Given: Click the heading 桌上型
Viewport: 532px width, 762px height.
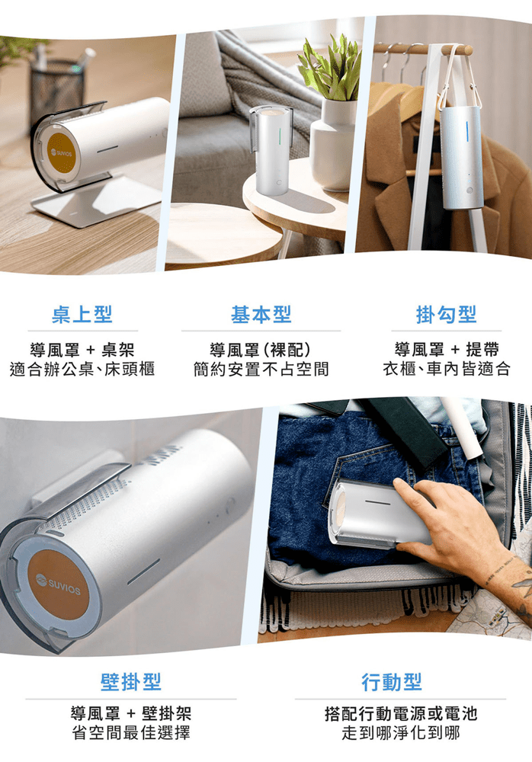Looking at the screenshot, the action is point(82,314).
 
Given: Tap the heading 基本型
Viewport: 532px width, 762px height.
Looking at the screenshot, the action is point(261,314).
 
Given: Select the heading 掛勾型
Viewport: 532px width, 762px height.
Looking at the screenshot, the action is point(446,314).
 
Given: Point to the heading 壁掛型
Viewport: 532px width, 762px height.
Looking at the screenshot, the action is point(131,682).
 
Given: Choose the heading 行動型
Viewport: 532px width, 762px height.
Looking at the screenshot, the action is point(392,682).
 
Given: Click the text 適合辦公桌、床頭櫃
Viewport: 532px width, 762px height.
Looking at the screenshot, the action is point(82,369).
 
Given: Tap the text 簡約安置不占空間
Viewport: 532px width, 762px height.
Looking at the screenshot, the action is point(261,369).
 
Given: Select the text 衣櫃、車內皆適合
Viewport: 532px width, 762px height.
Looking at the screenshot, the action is point(447,369).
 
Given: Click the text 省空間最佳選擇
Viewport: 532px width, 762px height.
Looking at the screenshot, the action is point(131,732).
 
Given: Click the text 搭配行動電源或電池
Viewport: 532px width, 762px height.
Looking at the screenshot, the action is point(401,713).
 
